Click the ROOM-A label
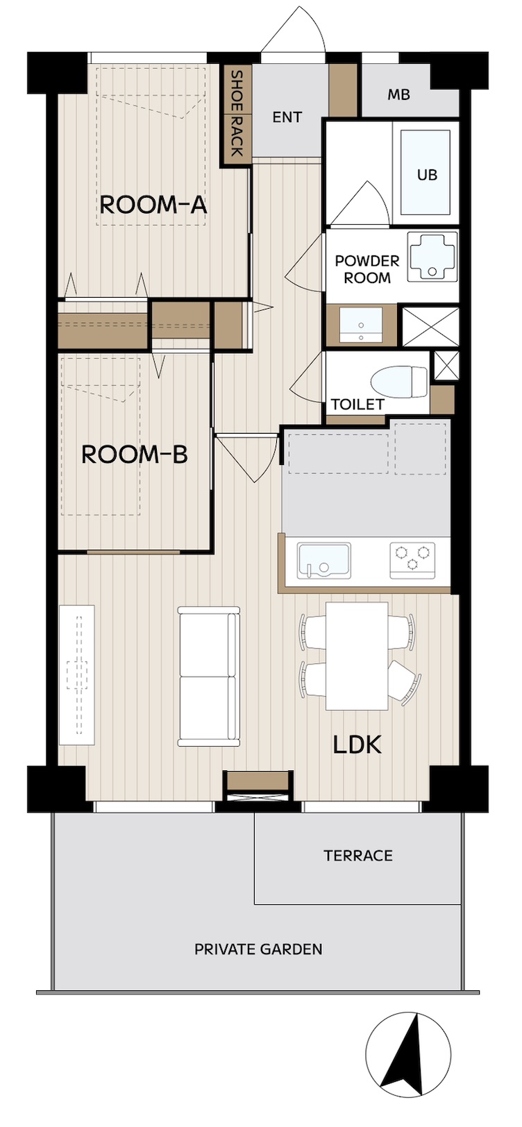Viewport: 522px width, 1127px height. pyautogui.click(x=153, y=205)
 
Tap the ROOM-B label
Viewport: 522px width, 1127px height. pyautogui.click(x=135, y=454)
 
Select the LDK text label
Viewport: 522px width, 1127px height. pyautogui.click(x=357, y=745)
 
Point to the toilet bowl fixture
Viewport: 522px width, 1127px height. pyautogui.click(x=398, y=381)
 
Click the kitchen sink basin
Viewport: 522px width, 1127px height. pyautogui.click(x=323, y=561)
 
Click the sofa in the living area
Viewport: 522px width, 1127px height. pyautogui.click(x=208, y=676)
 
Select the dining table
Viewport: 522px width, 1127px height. pyautogui.click(x=357, y=656)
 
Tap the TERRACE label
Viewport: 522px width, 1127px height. pyautogui.click(x=358, y=855)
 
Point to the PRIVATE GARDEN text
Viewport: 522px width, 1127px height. pyautogui.click(x=258, y=949)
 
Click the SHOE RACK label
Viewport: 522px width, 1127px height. pyautogui.click(x=236, y=113)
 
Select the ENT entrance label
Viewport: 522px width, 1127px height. pyautogui.click(x=287, y=117)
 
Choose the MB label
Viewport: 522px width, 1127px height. pyautogui.click(x=398, y=94)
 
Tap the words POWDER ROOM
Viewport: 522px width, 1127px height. pyautogui.click(x=367, y=269)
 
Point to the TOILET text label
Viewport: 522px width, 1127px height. pyautogui.click(x=358, y=405)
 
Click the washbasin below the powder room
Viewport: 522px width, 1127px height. pyautogui.click(x=360, y=325)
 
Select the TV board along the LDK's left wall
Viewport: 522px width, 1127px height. pyautogui.click(x=76, y=675)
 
